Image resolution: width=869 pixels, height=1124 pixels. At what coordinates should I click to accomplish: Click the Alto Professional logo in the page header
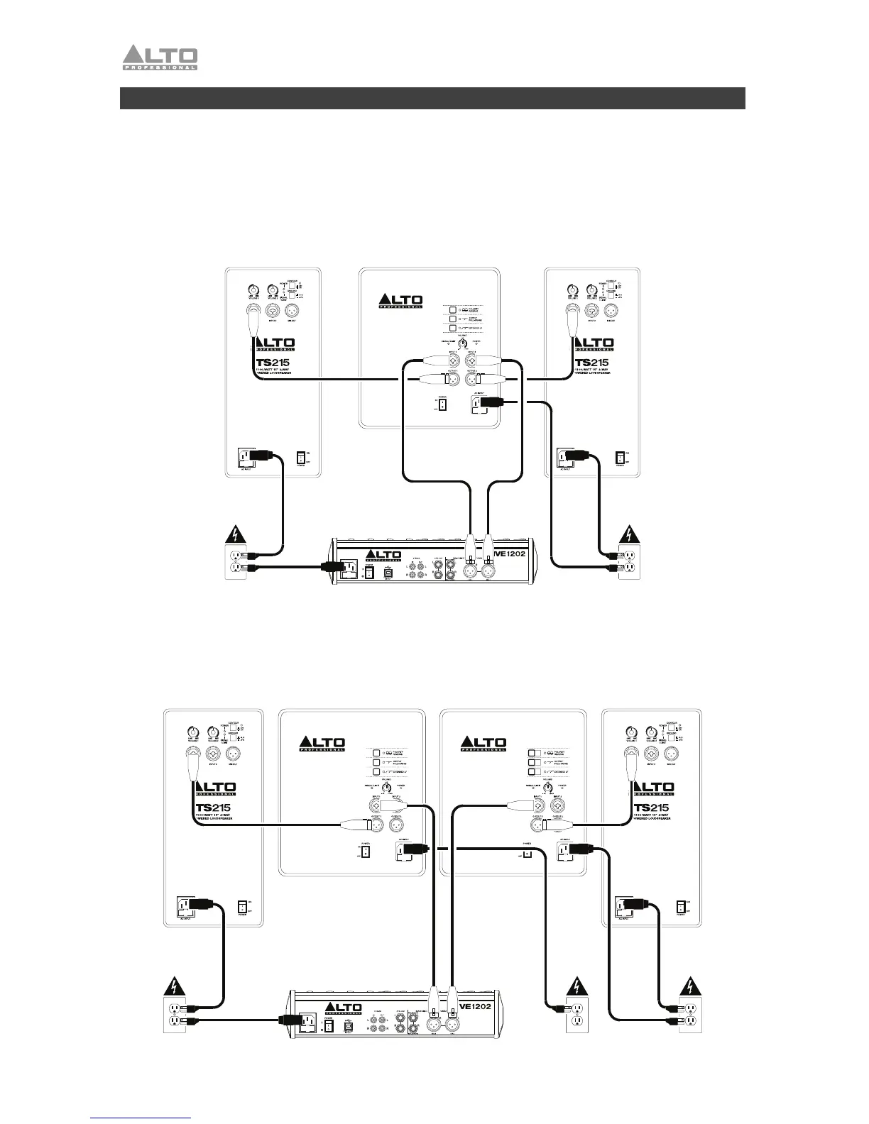point(160,57)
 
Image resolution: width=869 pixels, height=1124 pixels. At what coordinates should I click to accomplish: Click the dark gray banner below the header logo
point(432,98)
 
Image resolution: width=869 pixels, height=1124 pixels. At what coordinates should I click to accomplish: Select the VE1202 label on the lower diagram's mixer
point(476,1005)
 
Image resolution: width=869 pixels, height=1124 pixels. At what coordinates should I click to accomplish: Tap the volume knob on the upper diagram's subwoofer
point(462,343)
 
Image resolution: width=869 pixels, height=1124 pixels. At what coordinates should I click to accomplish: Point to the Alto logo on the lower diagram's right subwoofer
point(483,744)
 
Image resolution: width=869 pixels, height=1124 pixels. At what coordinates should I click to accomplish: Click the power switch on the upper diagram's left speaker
point(301,458)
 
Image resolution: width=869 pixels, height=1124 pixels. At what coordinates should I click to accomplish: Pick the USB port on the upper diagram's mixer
point(388,571)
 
